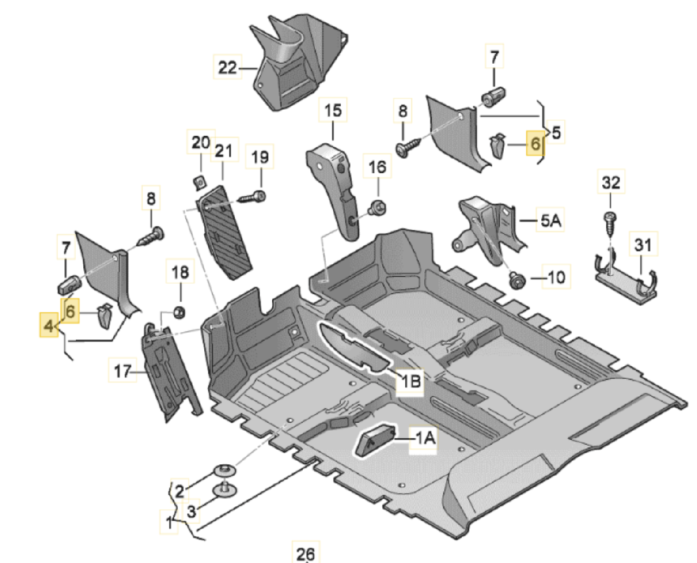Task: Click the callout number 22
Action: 227,68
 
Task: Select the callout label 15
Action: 333,111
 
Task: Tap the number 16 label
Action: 377,167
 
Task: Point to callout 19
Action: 260,157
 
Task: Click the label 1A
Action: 425,437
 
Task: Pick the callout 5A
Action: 550,221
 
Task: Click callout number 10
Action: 556,277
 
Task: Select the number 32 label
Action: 610,182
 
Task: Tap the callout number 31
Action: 643,245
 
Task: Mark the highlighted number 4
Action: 49,326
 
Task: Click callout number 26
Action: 305,553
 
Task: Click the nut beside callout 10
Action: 514,281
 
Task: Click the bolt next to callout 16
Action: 376,207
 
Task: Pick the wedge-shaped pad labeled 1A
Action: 375,439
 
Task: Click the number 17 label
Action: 122,371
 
